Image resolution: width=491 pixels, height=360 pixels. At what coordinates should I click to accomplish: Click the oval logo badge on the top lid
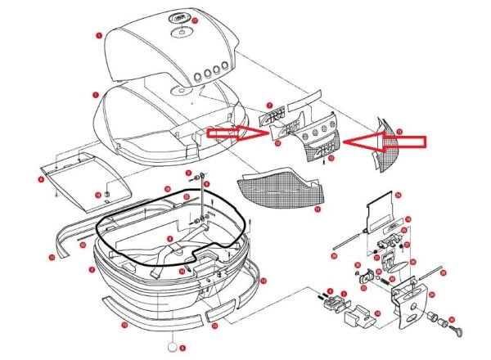coord(179,19)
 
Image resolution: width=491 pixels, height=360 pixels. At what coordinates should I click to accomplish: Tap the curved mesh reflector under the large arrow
coord(385,156)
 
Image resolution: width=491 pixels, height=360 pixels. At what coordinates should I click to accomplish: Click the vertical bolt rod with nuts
coord(200,200)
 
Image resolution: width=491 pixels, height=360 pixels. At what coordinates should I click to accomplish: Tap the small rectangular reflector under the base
coord(218,313)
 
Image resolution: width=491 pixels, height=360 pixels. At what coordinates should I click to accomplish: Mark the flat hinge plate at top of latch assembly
coord(379,209)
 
